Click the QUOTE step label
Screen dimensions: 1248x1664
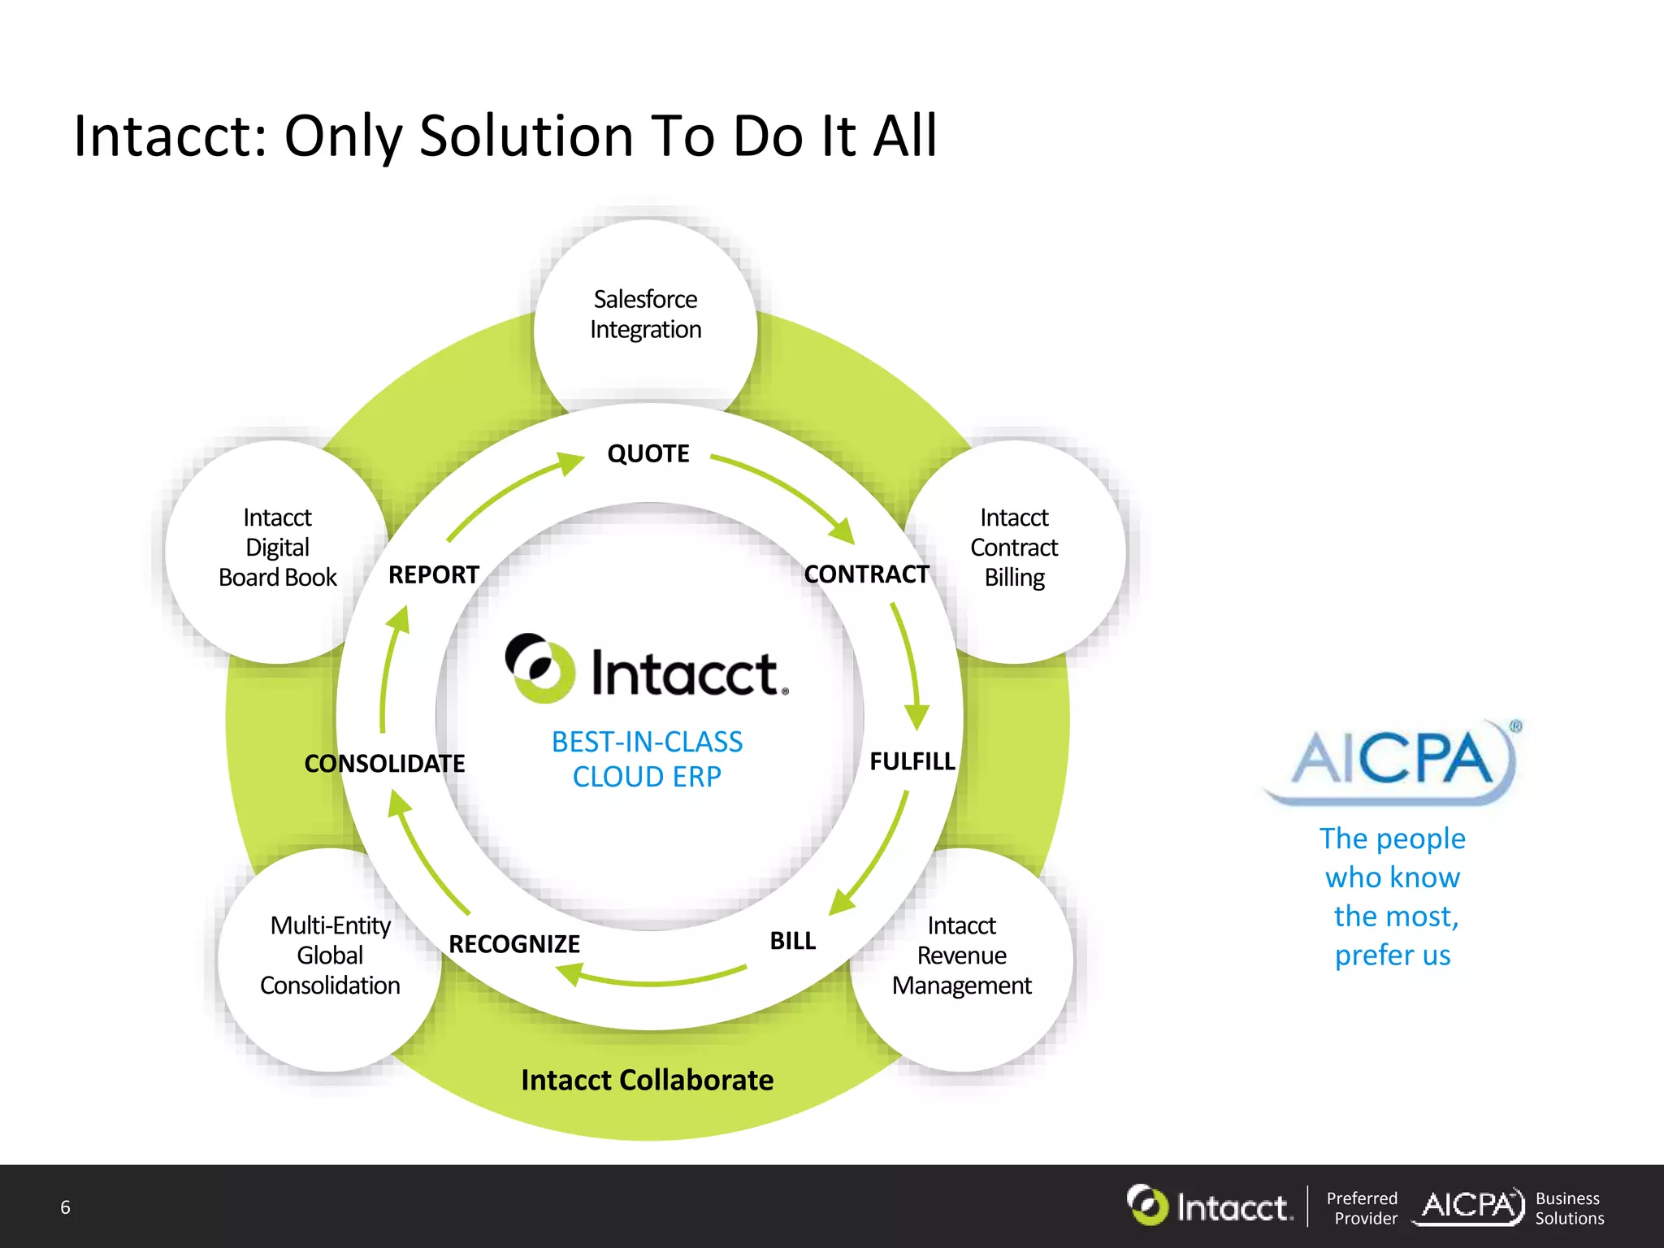(648, 453)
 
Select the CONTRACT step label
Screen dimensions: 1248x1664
(866, 574)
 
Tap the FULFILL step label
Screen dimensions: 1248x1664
(912, 761)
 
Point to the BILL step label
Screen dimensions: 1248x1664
(792, 941)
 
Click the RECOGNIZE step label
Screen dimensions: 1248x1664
(514, 944)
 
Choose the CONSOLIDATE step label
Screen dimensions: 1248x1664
(384, 764)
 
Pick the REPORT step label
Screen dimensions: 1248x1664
(434, 575)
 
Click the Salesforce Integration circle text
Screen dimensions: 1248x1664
(646, 314)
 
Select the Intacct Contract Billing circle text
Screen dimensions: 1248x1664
(1014, 548)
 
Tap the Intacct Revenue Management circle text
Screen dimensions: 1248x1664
(961, 955)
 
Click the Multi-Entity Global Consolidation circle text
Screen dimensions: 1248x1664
(330, 955)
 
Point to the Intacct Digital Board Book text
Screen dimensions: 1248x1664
(277, 548)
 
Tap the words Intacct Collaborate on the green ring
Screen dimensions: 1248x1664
(647, 1080)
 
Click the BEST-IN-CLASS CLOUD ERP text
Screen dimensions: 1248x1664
(647, 759)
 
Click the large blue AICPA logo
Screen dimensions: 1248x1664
(1392, 760)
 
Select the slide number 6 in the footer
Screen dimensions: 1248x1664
(66, 1207)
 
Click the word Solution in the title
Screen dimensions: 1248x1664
(526, 136)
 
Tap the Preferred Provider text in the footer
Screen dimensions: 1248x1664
(1363, 1208)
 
